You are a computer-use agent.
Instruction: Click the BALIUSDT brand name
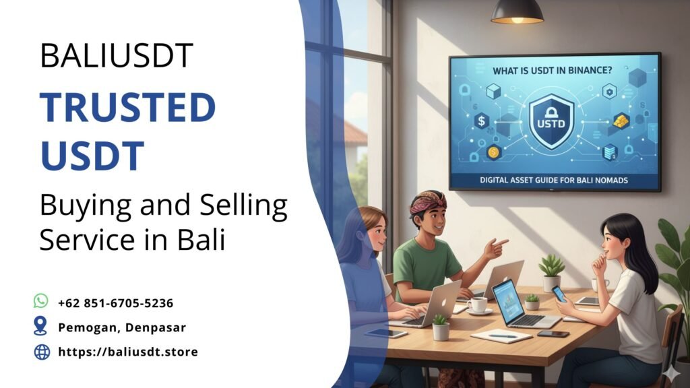pos(117,55)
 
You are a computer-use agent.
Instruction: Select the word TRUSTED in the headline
pos(127,108)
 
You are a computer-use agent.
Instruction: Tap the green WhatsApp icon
pos(41,301)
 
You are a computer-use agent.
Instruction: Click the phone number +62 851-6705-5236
pos(115,303)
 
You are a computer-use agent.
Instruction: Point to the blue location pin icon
pos(41,327)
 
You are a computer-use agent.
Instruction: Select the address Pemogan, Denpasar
pos(121,327)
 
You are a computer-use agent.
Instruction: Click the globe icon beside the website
pos(42,352)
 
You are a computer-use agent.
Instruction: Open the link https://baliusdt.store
pos(127,352)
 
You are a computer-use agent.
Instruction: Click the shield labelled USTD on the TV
pos(551,121)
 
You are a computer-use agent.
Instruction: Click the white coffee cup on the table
pos(478,304)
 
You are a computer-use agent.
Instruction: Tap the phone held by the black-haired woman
pos(559,294)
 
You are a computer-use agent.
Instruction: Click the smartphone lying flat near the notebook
pos(553,333)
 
